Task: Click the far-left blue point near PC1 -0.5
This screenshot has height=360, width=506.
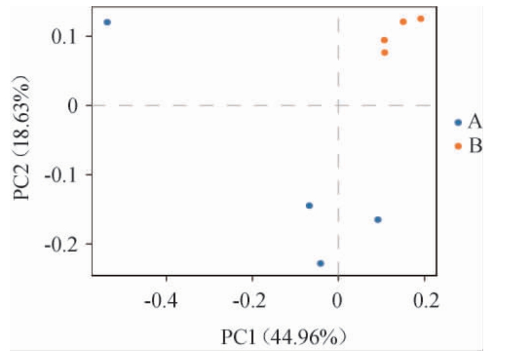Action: [107, 22]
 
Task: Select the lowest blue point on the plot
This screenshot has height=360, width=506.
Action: [320, 263]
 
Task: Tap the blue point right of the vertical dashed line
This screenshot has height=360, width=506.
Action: [378, 220]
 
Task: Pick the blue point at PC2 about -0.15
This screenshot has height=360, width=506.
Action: [309, 206]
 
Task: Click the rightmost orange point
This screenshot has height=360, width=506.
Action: [420, 19]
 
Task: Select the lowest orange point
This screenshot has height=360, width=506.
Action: [385, 53]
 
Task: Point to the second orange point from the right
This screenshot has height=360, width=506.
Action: [403, 22]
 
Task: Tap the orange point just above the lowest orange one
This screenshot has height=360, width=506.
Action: [384, 40]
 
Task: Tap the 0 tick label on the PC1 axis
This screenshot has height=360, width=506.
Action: [338, 300]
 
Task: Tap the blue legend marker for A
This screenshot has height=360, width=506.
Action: [458, 122]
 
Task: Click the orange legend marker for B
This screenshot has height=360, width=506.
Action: [458, 146]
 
